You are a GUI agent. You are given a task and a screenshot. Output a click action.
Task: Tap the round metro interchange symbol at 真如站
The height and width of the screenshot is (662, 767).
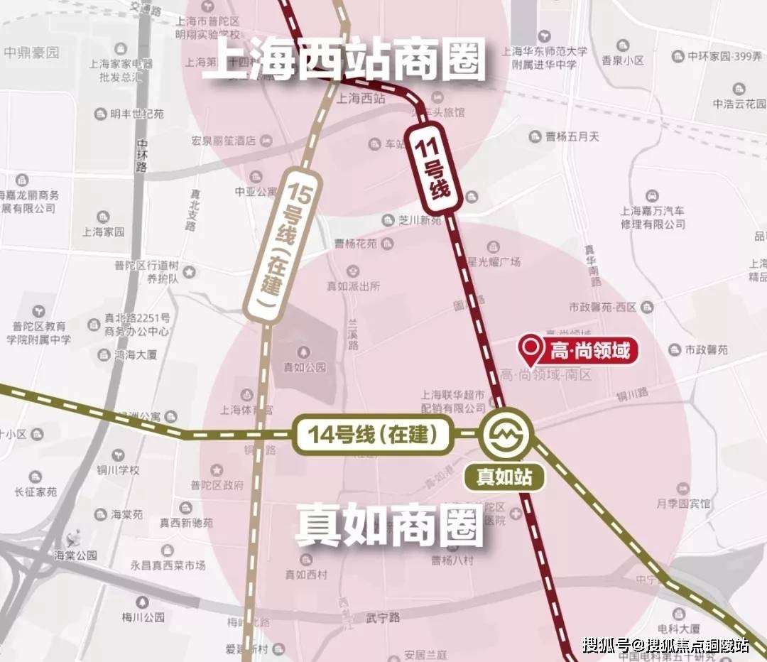[505, 431]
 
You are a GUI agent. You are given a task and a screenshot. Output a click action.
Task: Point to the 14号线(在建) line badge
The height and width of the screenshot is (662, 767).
[372, 433]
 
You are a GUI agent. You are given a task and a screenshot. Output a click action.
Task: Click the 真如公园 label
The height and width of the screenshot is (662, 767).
[304, 367]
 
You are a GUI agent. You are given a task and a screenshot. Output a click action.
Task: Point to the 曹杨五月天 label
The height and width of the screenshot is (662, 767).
[574, 136]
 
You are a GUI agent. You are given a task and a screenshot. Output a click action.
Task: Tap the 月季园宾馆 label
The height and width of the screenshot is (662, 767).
[683, 503]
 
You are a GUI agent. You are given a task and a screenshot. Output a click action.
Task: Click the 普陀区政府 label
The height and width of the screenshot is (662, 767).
[222, 486]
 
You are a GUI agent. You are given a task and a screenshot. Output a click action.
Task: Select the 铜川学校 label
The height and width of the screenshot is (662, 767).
[119, 470]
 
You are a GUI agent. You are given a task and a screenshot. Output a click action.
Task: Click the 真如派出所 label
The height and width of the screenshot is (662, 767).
[354, 286]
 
